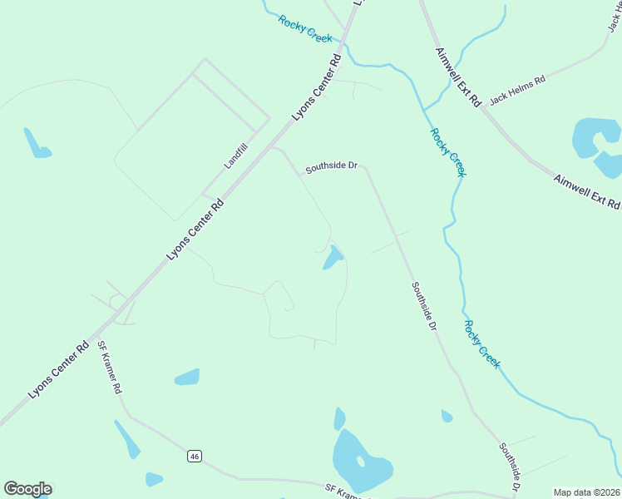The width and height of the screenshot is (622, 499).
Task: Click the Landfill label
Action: pyautogui.click(x=236, y=156)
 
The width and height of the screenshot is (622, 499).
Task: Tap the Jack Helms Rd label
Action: pyautogui.click(x=516, y=91)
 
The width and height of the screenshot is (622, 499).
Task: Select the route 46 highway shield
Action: pyautogui.click(x=194, y=456)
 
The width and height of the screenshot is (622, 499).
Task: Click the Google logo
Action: pyautogui.click(x=27, y=489)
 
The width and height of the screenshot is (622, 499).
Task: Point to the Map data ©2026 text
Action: pyautogui.click(x=587, y=492)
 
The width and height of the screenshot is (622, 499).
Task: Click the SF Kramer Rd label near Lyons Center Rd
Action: pyautogui.click(x=110, y=367)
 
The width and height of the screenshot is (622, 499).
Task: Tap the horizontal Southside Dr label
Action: pyautogui.click(x=331, y=167)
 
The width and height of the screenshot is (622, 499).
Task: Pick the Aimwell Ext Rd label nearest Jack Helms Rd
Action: pyautogui.click(x=458, y=77)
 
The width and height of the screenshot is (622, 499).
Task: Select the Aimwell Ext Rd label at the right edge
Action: pyautogui.click(x=587, y=191)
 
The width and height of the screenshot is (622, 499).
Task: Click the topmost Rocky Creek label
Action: pyautogui.click(x=305, y=29)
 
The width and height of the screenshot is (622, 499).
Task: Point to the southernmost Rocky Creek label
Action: pyautogui.click(x=482, y=344)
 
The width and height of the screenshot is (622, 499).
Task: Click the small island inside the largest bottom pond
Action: pyautogui.click(x=360, y=461)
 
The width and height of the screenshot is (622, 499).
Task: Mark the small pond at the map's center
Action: pyautogui.click(x=333, y=258)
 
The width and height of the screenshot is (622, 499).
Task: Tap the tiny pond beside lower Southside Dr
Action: pyautogui.click(x=447, y=416)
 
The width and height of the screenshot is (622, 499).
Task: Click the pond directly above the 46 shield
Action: pyautogui.click(x=187, y=377)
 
